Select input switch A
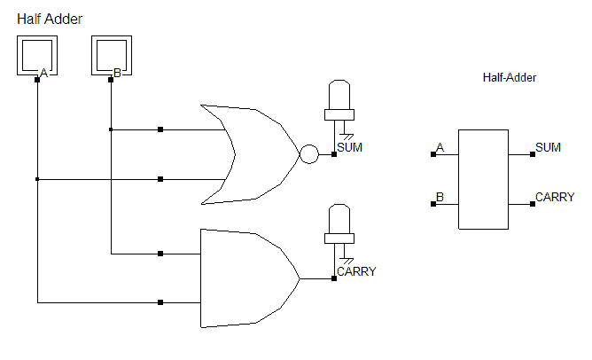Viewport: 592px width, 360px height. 37,58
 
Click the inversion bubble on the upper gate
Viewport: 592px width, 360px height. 308,154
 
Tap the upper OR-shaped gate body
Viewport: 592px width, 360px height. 253,154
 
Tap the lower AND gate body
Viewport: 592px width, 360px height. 244,278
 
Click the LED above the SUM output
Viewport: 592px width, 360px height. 339,99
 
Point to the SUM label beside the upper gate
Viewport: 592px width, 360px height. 350,147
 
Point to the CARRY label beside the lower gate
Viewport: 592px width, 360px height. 356,271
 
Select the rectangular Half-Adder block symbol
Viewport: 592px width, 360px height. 483,179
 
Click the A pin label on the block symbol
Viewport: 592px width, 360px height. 440,147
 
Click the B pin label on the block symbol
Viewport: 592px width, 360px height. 440,197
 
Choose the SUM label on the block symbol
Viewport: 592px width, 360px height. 549,147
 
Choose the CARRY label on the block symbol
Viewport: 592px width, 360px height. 555,197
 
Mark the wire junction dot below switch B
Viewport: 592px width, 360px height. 111,129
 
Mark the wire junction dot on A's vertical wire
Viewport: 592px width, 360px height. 37,179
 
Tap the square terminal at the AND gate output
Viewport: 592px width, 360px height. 334,278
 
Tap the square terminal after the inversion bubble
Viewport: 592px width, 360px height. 334,154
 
